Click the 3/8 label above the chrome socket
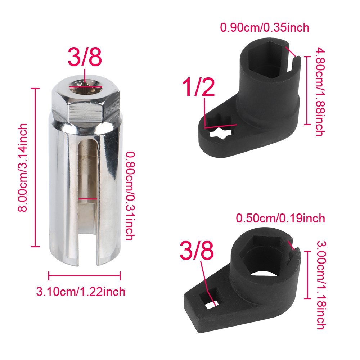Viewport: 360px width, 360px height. (85, 57)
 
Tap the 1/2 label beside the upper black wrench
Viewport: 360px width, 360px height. (198, 87)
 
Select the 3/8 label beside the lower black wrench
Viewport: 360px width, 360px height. (197, 250)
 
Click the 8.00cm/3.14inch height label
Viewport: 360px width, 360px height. (22, 168)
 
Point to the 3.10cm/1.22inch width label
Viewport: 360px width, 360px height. (81, 292)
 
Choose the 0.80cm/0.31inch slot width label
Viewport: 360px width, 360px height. (130, 196)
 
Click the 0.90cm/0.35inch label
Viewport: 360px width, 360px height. (265, 28)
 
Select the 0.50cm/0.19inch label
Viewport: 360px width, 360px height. (280, 218)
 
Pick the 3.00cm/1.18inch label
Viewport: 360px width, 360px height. (321, 285)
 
